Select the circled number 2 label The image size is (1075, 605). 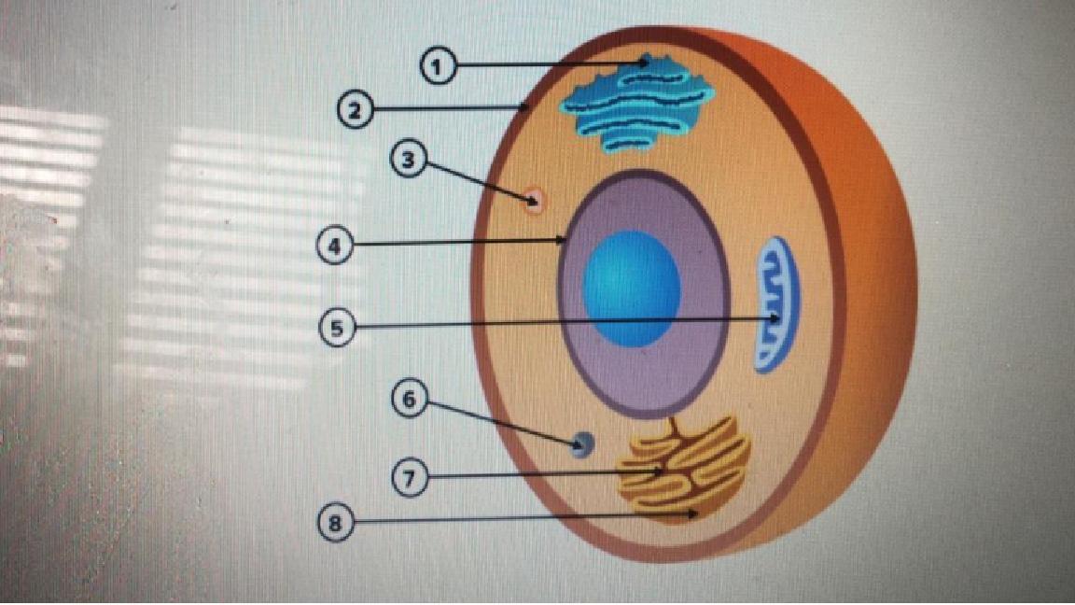355,109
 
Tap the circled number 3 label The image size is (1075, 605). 407,161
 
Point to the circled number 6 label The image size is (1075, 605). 409,401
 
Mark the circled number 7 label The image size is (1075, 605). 409,476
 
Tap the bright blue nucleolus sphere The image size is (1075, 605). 632,288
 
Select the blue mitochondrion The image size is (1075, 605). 776,303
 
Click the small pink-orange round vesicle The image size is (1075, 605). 535,198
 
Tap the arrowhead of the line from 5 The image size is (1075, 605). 776,320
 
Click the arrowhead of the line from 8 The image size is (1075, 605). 694,514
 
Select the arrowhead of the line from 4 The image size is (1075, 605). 563,241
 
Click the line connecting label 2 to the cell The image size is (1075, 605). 448,109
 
